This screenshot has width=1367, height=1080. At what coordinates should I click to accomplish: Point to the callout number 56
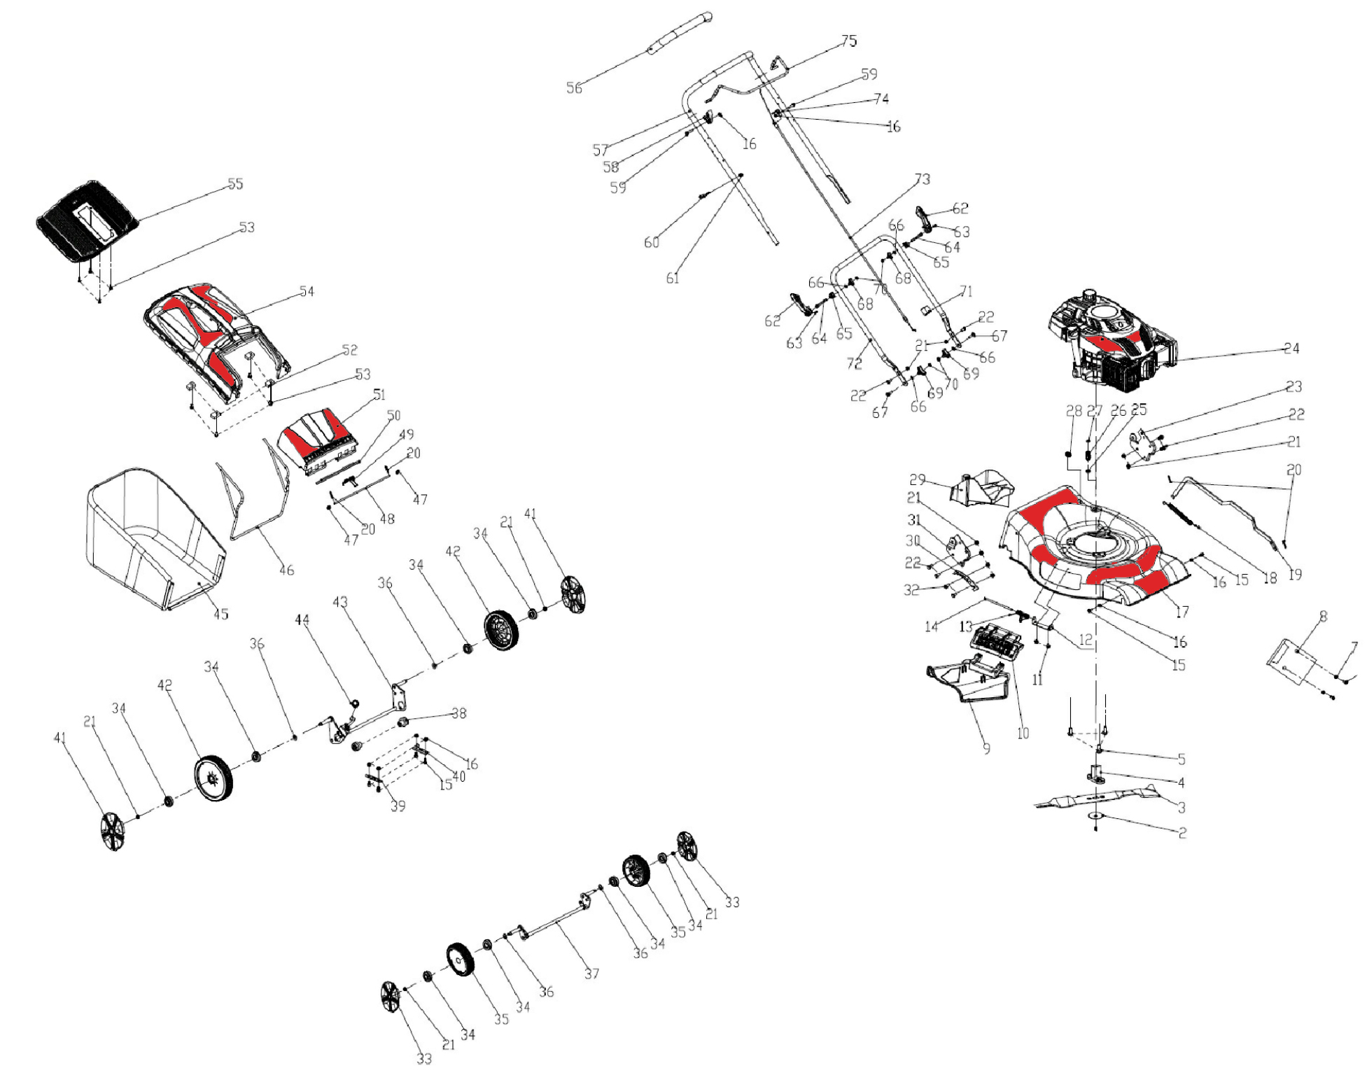pyautogui.click(x=574, y=87)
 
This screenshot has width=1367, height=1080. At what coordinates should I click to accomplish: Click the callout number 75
pyautogui.click(x=848, y=41)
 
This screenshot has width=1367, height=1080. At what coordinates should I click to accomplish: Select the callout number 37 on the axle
pyautogui.click(x=592, y=973)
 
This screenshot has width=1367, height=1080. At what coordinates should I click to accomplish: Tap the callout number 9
pyautogui.click(x=986, y=748)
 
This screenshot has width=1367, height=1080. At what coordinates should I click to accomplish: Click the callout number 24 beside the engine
pyautogui.click(x=1291, y=348)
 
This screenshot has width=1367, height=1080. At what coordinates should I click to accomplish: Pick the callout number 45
pyautogui.click(x=220, y=614)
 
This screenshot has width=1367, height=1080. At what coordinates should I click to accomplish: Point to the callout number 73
pyautogui.click(x=923, y=179)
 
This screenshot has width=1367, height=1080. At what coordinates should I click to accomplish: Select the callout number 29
pyautogui.click(x=917, y=479)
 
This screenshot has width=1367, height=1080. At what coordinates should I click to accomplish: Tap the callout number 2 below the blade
pyautogui.click(x=1182, y=833)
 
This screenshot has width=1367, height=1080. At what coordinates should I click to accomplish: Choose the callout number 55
pyautogui.click(x=235, y=183)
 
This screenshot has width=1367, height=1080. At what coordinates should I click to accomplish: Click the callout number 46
pyautogui.click(x=286, y=570)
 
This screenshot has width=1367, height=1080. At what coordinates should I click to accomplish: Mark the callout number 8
pyautogui.click(x=1323, y=617)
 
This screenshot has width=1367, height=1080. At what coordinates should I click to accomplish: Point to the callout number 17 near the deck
pyautogui.click(x=1182, y=612)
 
